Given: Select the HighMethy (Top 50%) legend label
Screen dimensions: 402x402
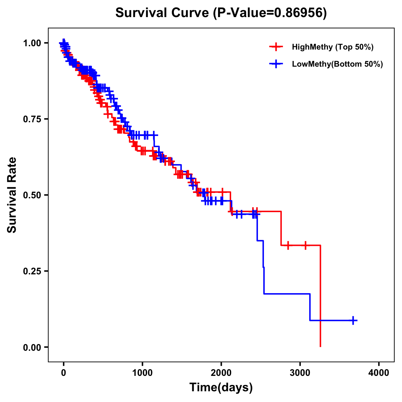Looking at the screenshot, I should click(332, 47).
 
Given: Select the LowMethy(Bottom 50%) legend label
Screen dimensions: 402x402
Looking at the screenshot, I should click(337, 64).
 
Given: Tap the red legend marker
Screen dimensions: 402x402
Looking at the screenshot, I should click(276, 47).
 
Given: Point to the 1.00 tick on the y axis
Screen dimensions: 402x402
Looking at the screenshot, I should click(31, 43).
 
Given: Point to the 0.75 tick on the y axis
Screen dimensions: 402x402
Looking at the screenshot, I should click(31, 119).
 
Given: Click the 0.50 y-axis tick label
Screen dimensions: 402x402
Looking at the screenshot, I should click(31, 195).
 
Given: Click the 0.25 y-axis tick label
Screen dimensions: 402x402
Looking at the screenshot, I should click(31, 271).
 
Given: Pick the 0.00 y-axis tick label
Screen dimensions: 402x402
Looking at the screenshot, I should click(31, 347).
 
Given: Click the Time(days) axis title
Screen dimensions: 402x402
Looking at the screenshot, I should click(221, 388).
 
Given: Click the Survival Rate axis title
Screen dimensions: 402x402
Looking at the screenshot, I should click(12, 195).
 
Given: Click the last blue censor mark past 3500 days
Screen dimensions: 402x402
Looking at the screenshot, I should click(353, 321).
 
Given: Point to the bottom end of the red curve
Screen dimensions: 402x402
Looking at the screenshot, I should click(321, 346).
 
